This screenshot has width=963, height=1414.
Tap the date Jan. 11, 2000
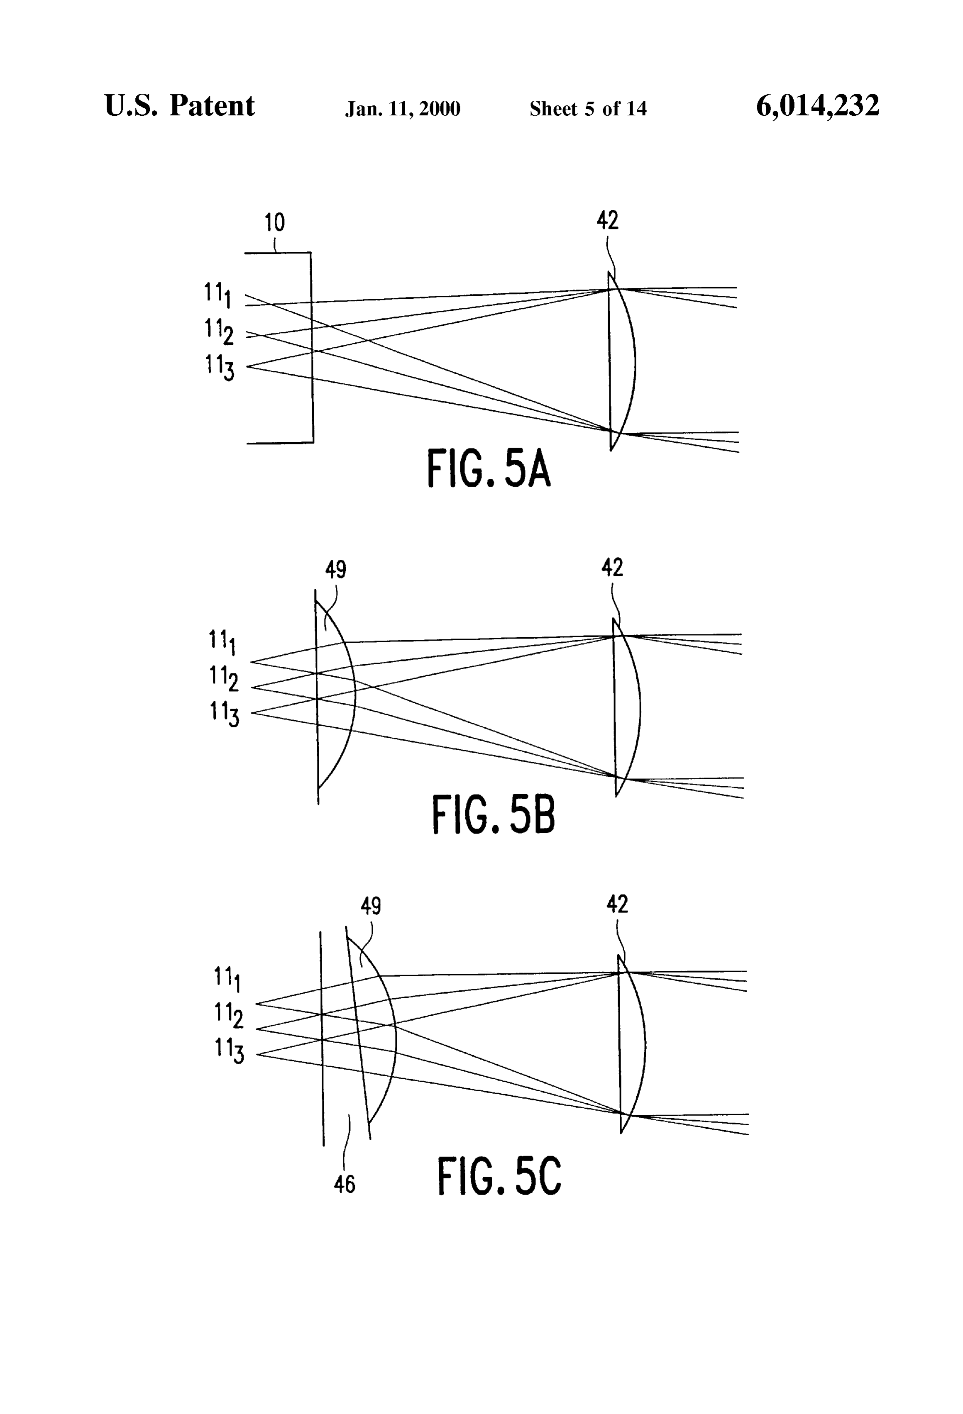pos(403,109)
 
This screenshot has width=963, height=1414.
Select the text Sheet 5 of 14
pos(588,108)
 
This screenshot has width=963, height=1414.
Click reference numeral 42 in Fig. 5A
pos(608,220)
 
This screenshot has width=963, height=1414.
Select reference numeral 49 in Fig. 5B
pos(335,570)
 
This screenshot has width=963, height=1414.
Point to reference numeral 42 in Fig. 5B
pos(612,568)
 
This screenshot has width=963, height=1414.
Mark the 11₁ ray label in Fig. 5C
pos(227,980)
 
